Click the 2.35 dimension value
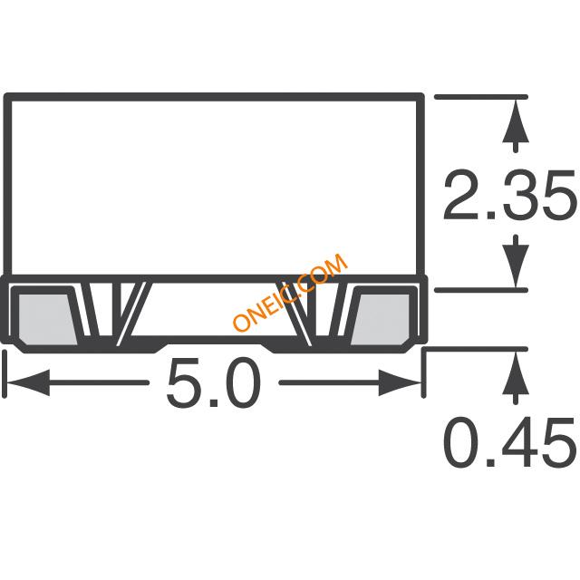tap(509, 195)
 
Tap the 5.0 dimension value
tap(214, 383)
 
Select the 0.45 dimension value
tap(509, 442)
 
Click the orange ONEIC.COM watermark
tap(290, 292)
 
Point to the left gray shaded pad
tap(47, 319)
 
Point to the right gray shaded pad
tap(381, 319)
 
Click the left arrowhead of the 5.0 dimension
tap(28, 382)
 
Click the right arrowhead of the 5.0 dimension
tap(400, 382)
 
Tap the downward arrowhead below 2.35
tap(516, 266)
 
